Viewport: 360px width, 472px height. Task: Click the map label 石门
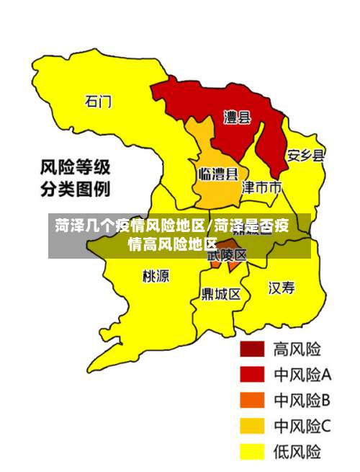pos(99,101)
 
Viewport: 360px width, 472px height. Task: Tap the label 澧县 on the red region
pos(237,116)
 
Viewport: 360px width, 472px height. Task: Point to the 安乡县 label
pos(305,155)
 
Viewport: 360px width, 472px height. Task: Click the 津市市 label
pos(261,187)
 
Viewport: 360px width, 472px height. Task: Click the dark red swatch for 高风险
pos(252,349)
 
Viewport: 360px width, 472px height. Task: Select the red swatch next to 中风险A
pos(252,375)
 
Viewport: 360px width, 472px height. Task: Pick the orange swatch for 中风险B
pos(252,400)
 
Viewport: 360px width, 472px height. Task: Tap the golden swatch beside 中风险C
pos(252,426)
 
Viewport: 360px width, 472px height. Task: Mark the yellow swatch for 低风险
pos(252,451)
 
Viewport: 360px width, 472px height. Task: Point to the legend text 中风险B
pos(302,400)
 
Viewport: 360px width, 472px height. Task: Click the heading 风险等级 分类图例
pos(74,179)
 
